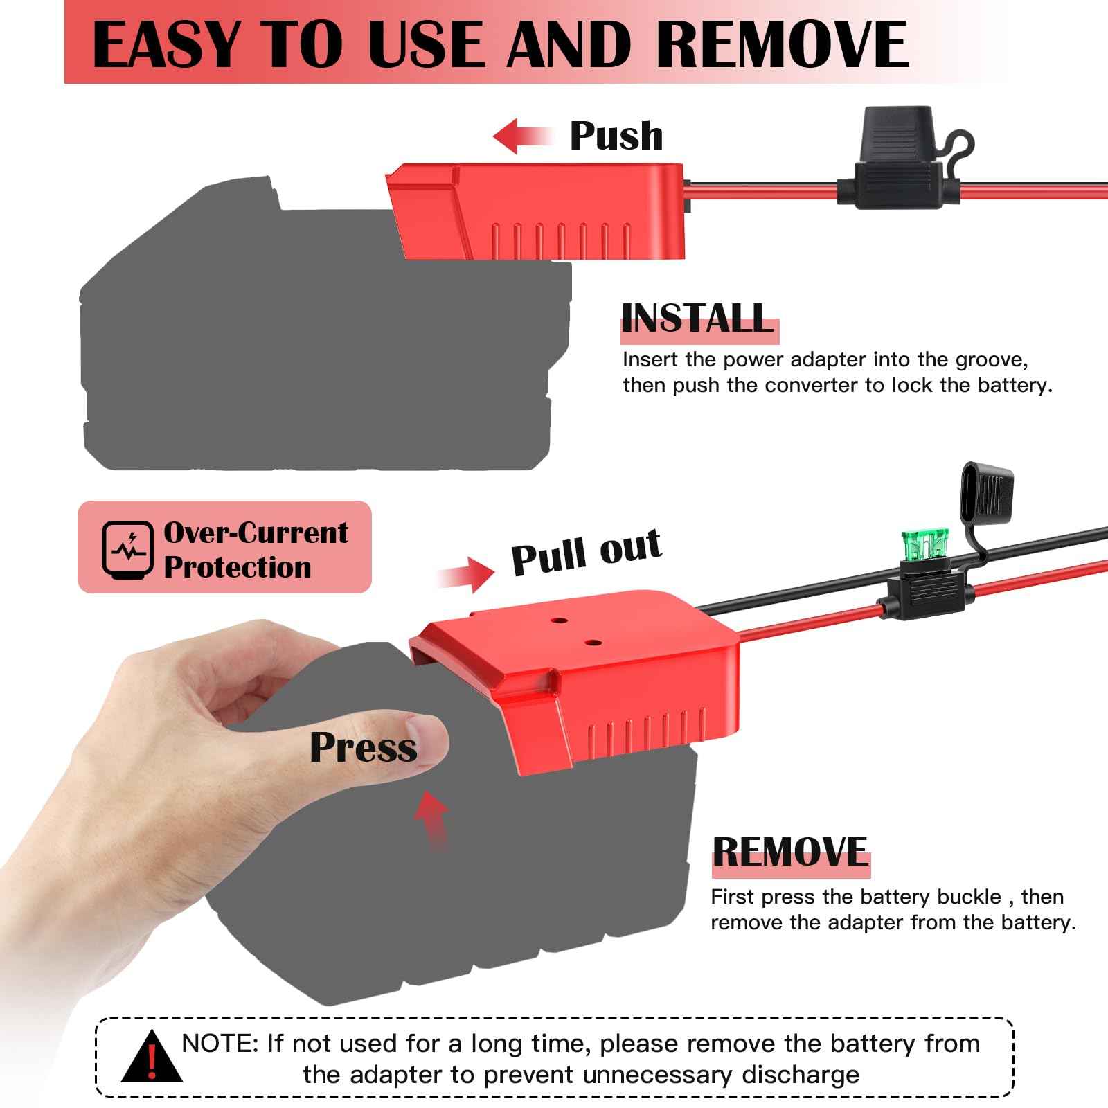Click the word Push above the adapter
[616, 136]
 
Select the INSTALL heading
[697, 319]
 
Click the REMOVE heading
[790, 852]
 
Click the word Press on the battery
[364, 748]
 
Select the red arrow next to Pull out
[465, 573]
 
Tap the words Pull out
[586, 552]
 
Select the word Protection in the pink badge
[238, 568]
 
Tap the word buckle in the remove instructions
[969, 897]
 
